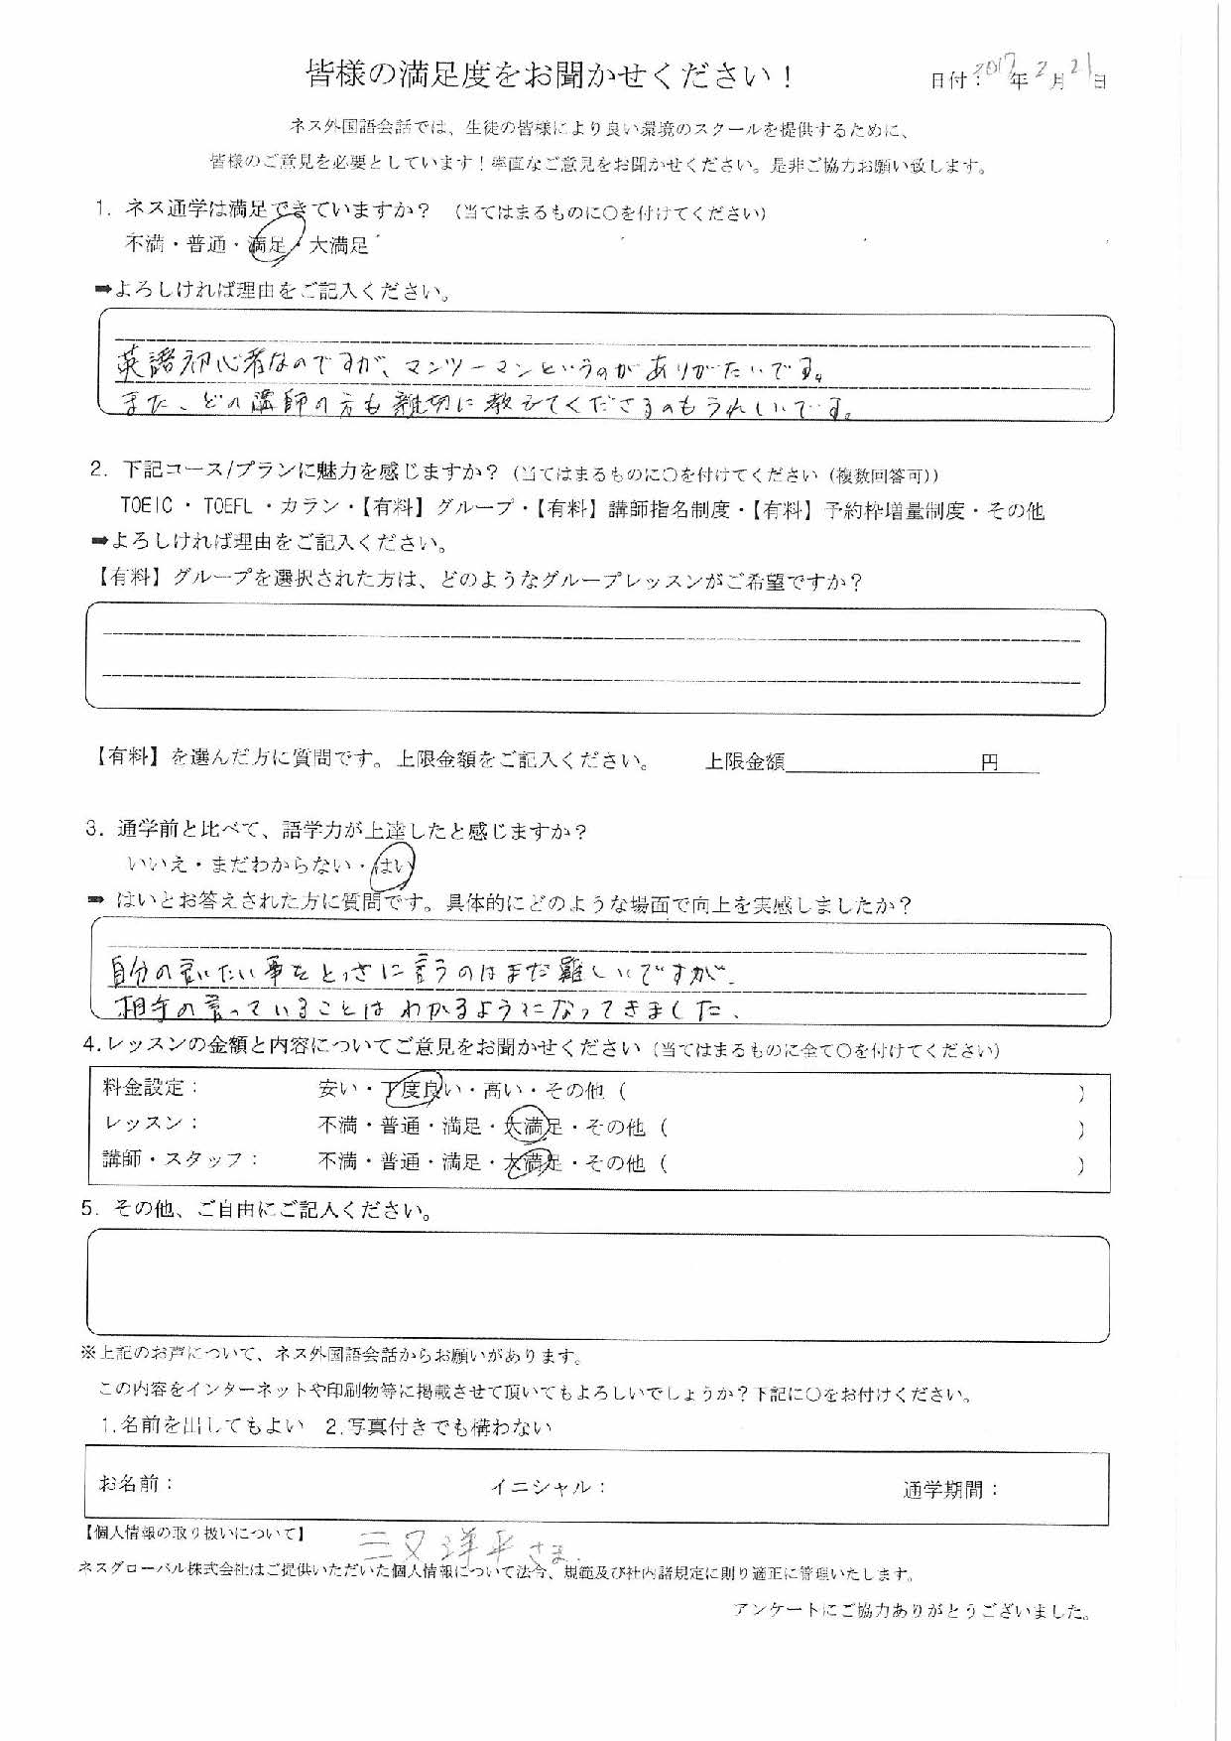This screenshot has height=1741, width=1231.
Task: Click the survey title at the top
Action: click(x=550, y=76)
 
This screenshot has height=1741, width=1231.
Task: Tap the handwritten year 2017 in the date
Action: click(x=992, y=69)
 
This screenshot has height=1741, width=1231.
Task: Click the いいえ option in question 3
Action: click(x=158, y=867)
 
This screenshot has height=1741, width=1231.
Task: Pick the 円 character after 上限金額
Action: click(x=989, y=762)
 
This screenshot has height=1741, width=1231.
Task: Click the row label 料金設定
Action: click(x=144, y=1088)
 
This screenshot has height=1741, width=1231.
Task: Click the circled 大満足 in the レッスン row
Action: click(x=532, y=1127)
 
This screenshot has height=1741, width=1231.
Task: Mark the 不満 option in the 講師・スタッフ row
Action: click(x=337, y=1161)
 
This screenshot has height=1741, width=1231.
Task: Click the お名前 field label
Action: click(x=136, y=1484)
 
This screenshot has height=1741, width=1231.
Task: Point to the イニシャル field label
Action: click(x=547, y=1486)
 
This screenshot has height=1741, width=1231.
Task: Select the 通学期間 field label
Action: click(x=949, y=1488)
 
